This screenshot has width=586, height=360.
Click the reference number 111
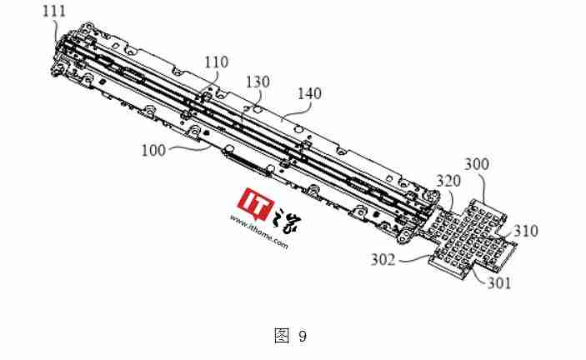(x=54, y=11)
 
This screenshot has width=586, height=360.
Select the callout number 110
(x=217, y=62)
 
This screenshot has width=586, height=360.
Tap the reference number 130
(x=258, y=82)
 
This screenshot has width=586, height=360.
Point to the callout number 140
(x=309, y=93)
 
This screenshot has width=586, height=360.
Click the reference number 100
(x=153, y=151)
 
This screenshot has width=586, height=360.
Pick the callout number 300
(x=477, y=164)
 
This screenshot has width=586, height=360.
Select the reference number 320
(x=448, y=181)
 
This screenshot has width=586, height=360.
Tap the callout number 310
(x=526, y=231)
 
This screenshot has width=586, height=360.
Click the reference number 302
(x=383, y=259)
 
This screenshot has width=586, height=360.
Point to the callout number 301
(x=499, y=283)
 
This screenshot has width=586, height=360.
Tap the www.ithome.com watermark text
(x=259, y=232)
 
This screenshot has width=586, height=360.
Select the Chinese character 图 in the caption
(x=282, y=335)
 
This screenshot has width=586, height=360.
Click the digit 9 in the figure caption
(x=303, y=336)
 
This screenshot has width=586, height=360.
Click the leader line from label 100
(x=189, y=147)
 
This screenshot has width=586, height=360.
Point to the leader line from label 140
(x=297, y=111)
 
